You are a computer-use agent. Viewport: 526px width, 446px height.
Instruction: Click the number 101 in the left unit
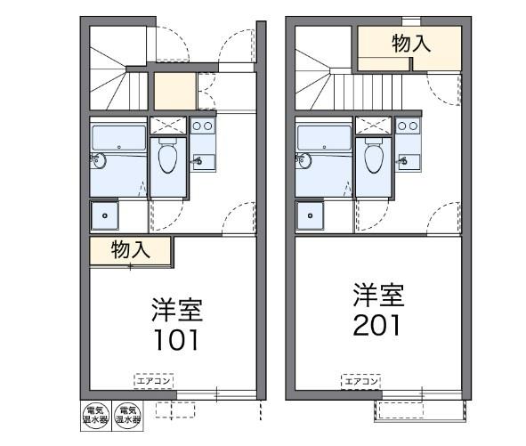pos(174,340)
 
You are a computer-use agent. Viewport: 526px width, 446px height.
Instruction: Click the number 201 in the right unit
pos(380,323)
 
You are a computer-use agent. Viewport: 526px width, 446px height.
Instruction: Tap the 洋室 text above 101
pos(175,311)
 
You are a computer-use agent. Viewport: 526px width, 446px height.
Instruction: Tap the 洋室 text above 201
pos(380,295)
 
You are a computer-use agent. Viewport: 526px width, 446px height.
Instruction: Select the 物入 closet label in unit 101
pos(130,250)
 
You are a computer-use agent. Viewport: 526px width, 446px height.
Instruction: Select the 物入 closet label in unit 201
pos(412,44)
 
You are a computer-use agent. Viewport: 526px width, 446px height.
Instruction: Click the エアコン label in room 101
pos(155,381)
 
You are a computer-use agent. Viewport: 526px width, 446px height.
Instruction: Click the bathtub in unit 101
pos(117,138)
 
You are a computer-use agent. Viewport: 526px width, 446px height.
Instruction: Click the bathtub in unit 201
pos(323,138)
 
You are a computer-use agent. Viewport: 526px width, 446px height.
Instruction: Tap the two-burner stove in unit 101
pos(202,126)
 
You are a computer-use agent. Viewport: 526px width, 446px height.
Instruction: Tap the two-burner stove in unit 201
pos(408,126)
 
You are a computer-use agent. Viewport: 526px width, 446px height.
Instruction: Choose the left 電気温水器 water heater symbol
pos(96,415)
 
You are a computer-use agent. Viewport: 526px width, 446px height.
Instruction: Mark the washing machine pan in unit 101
pos(106,216)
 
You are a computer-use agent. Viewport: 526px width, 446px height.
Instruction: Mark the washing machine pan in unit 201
pos(312,216)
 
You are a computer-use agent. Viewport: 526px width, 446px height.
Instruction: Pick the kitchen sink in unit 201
pos(409,160)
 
